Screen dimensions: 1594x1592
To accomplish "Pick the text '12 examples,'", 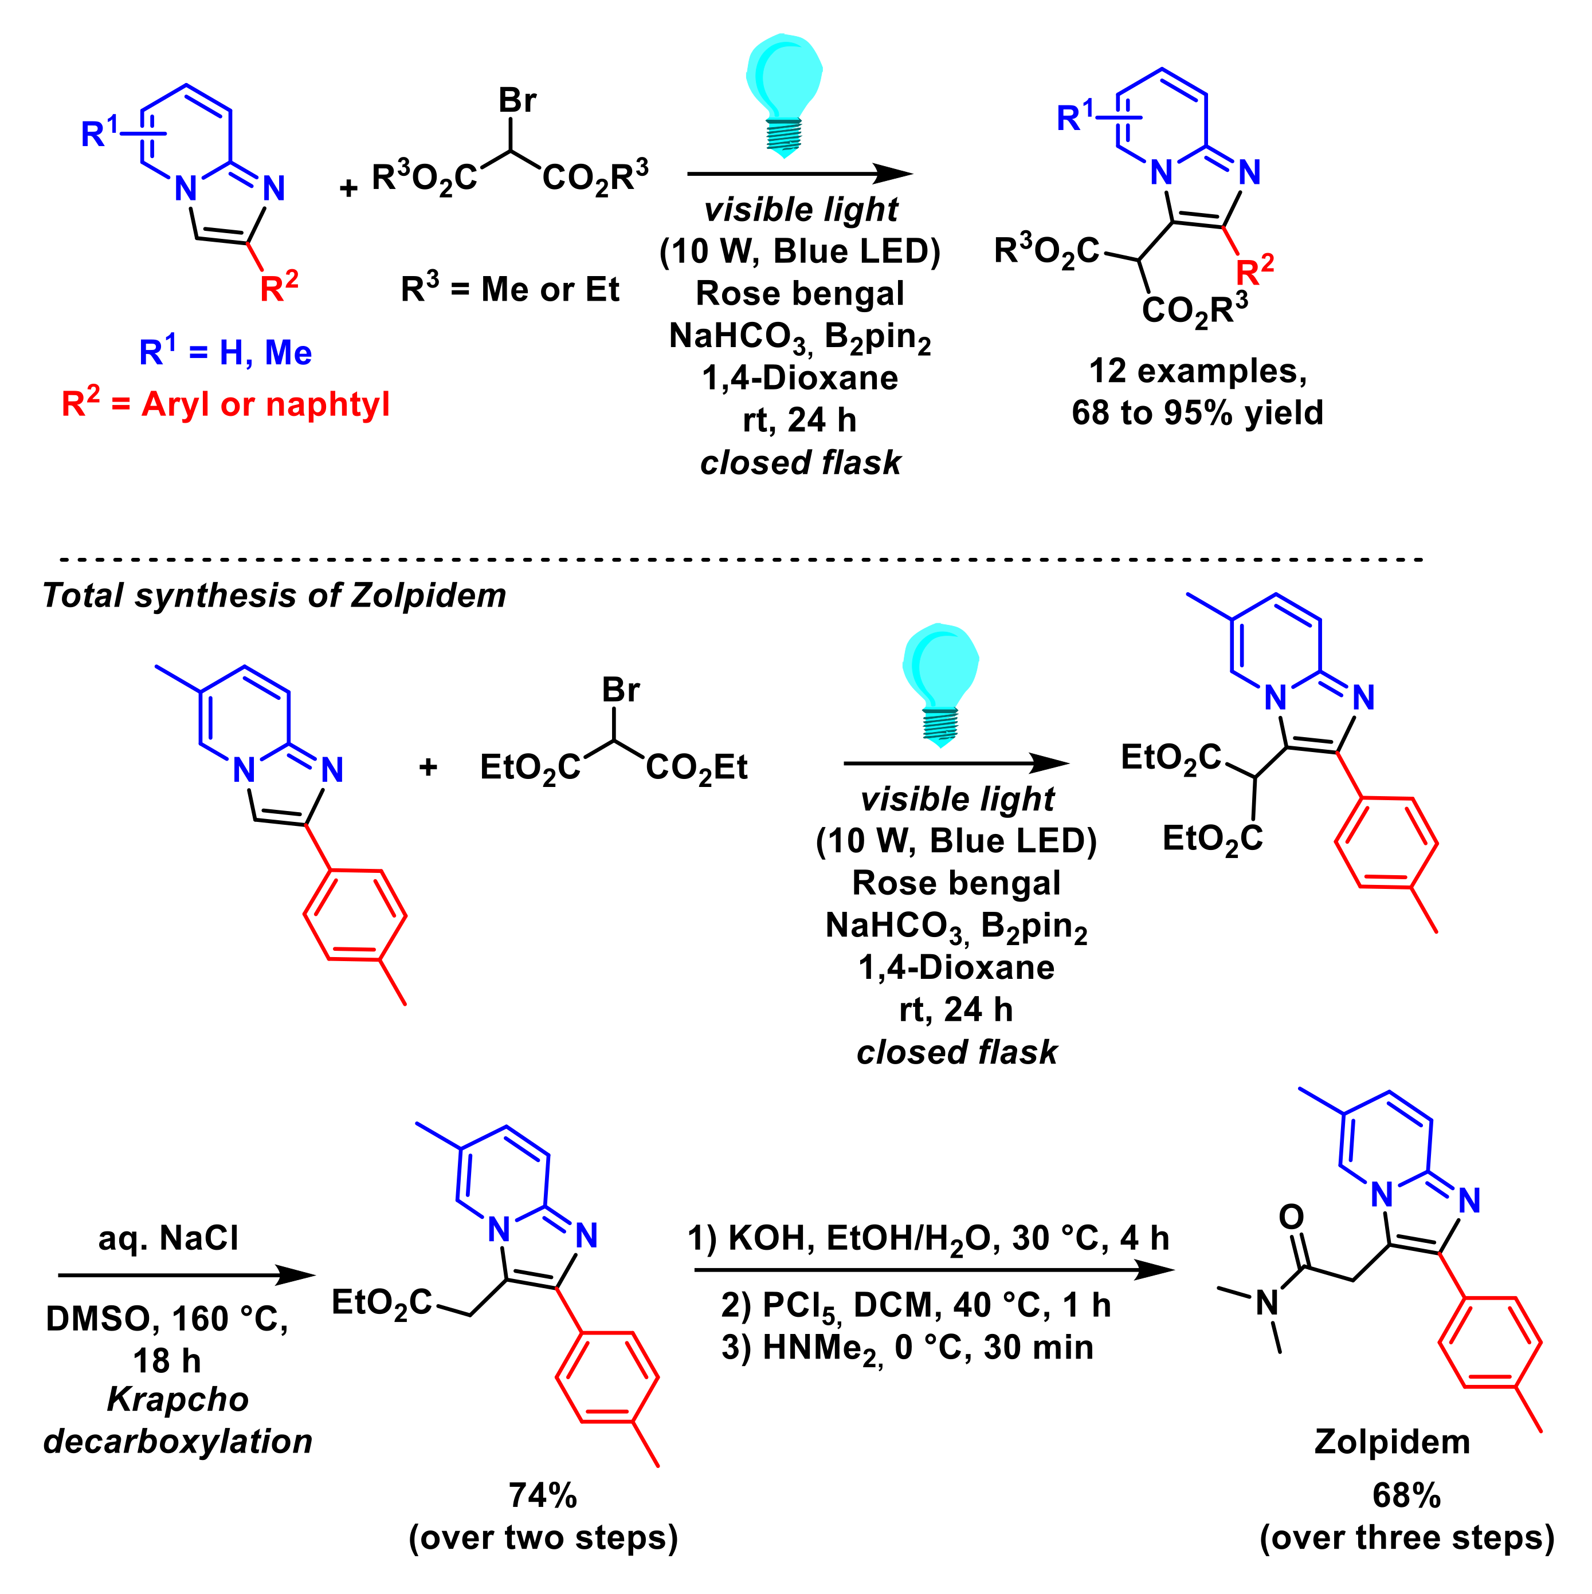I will [1198, 371].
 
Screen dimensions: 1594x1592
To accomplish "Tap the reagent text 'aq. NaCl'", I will [168, 1238].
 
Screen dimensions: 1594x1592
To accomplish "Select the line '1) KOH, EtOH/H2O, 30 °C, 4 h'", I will [928, 1238].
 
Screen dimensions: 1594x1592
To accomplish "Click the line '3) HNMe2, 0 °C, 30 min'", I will [907, 1347].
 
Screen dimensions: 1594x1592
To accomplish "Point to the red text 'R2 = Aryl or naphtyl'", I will [225, 404].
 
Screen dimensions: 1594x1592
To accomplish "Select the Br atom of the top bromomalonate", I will [517, 101].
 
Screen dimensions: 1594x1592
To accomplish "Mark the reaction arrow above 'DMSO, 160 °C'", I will [186, 1276].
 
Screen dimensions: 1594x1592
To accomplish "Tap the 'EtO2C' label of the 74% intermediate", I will [381, 1304].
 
